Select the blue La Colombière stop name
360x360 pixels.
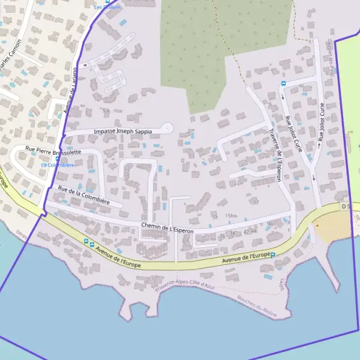(x=58, y=165)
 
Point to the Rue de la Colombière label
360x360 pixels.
(x=83, y=196)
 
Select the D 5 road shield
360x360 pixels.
(x=345, y=206)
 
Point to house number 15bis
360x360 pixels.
(x=231, y=215)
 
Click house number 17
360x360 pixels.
(x=255, y=202)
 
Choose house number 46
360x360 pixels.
(x=270, y=224)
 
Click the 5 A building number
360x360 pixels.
(x=106, y=111)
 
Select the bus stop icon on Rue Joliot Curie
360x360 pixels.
(x=284, y=83)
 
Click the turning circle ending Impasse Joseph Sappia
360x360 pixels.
(x=167, y=127)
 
